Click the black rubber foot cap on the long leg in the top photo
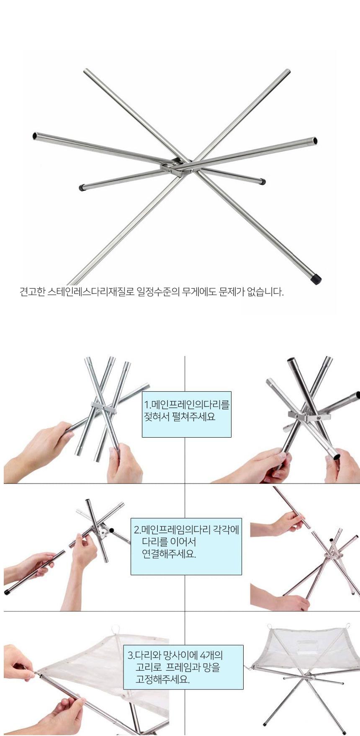[x=316, y=278]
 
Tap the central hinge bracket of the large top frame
[x=175, y=167]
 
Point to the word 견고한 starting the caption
[x=32, y=292]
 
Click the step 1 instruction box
[x=187, y=414]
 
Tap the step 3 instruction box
[x=183, y=667]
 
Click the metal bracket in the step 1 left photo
[x=104, y=408]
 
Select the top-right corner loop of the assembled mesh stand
[x=347, y=626]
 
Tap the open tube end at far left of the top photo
[x=35, y=136]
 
